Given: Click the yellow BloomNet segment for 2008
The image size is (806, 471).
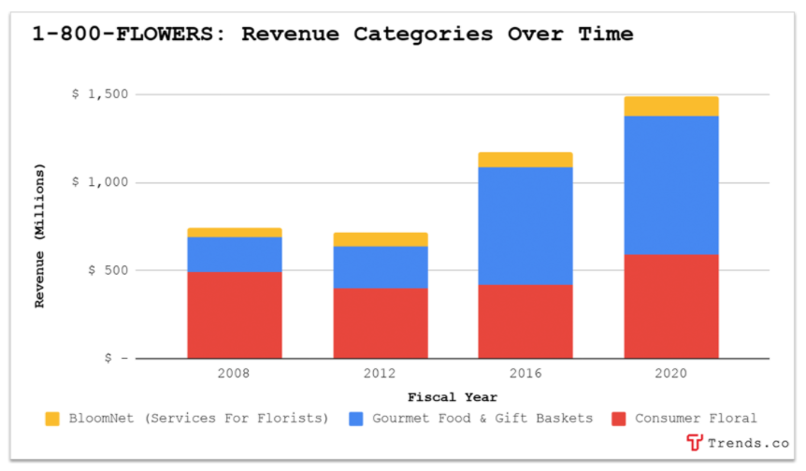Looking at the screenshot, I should point(234,233).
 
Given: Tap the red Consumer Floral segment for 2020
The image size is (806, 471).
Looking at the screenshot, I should point(670,306).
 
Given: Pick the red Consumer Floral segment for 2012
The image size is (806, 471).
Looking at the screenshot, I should point(380,322).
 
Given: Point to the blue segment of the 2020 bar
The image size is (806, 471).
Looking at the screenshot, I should point(670,185).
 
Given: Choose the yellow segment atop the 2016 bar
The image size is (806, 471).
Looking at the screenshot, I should point(525,160).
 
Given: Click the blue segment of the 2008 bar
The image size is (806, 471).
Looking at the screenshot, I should point(234,254).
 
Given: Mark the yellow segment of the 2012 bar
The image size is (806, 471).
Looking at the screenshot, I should point(380,239).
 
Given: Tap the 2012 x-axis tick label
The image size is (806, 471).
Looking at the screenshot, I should point(380,374).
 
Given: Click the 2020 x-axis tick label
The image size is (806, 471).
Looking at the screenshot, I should point(670,374).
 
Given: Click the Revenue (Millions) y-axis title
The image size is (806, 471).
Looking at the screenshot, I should point(40,235).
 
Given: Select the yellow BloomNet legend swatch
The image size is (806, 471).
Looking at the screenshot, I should point(52,419).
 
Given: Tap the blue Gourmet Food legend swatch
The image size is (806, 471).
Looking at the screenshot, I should point(356,419).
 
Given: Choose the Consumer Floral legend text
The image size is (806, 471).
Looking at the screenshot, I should point(696,419).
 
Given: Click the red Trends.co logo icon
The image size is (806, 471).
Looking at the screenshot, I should point(694,443).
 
